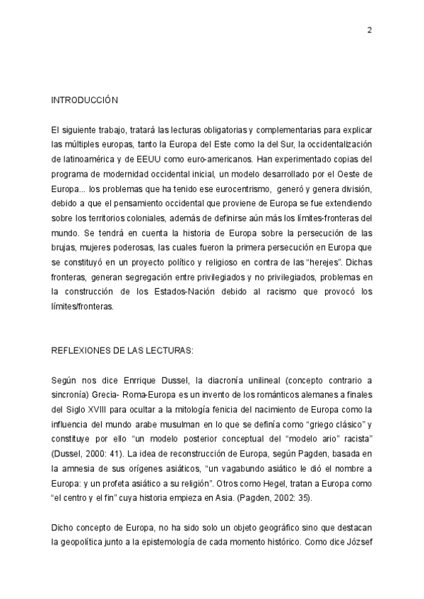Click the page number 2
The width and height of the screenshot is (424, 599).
[x=370, y=30]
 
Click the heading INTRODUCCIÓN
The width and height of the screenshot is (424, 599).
[x=83, y=101]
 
